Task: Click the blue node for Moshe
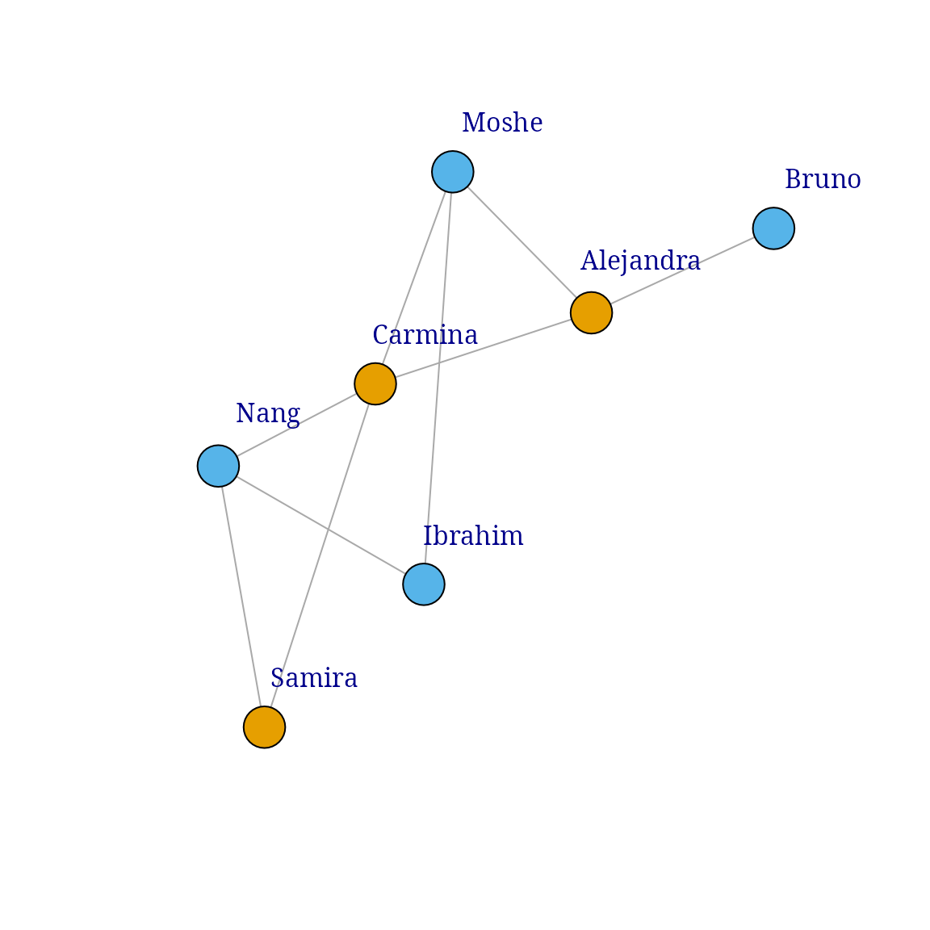coord(452,172)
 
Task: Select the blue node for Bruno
coord(773,228)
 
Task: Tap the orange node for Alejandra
coord(591,312)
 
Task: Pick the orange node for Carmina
coord(375,383)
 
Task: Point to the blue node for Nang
coord(218,466)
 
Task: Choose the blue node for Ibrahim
coord(424,584)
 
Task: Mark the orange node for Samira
coord(265,727)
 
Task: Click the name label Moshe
coord(502,124)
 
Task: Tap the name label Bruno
coord(823,180)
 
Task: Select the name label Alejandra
coord(640,262)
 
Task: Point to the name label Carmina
coord(425,335)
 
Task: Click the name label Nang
coord(268,414)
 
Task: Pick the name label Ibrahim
coord(474,537)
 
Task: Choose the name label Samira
coord(314,679)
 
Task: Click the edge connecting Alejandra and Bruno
coord(682,270)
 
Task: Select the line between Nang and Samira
coord(241,597)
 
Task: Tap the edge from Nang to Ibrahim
coord(320,525)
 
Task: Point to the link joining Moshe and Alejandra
coord(522,242)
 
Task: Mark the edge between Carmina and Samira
coord(320,555)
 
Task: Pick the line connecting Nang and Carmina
coord(296,425)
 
